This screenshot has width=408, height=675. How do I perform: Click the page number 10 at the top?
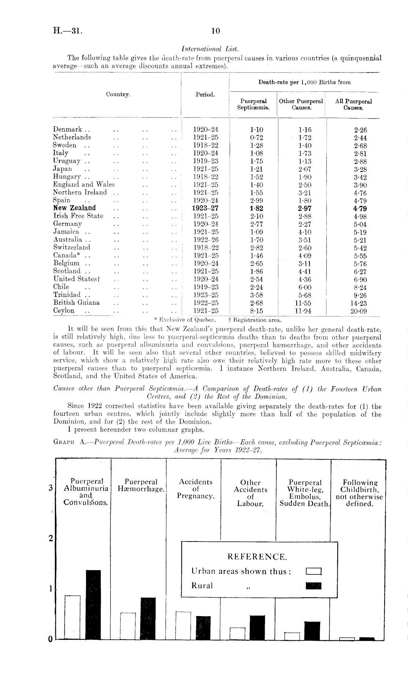[216, 31]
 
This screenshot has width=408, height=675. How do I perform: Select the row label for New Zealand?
[74, 208]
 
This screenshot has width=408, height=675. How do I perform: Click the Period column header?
[205, 95]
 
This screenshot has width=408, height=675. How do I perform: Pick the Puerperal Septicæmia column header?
[253, 104]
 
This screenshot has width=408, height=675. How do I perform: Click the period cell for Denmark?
[205, 129]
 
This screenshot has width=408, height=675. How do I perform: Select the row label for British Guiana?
[77, 302]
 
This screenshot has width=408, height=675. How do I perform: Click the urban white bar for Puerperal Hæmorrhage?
[128, 626]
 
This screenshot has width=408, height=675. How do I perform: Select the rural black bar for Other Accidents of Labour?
[257, 627]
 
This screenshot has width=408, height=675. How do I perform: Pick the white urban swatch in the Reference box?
[313, 571]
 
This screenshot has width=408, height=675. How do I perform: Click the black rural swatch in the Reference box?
[313, 586]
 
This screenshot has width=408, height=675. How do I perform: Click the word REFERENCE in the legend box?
[257, 557]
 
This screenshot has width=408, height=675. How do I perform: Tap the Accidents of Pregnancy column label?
[196, 489]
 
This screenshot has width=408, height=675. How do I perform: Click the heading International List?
[210, 49]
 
